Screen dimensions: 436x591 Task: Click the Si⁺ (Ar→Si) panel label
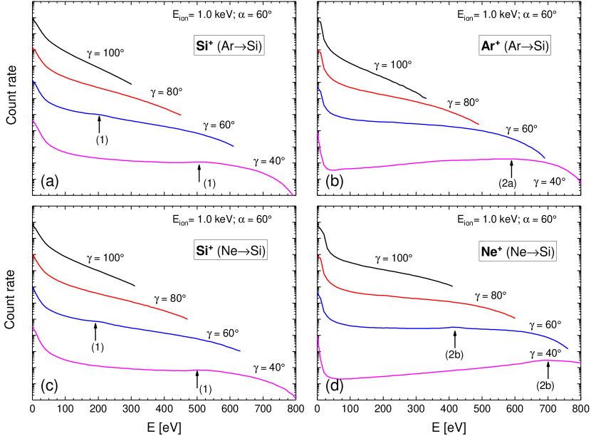point(229,46)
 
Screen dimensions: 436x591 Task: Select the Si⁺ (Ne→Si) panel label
point(230,251)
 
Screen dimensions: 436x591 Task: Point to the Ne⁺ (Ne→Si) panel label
point(518,251)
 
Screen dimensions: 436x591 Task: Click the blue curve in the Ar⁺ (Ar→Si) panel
point(427,124)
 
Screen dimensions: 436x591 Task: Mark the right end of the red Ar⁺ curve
point(478,124)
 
